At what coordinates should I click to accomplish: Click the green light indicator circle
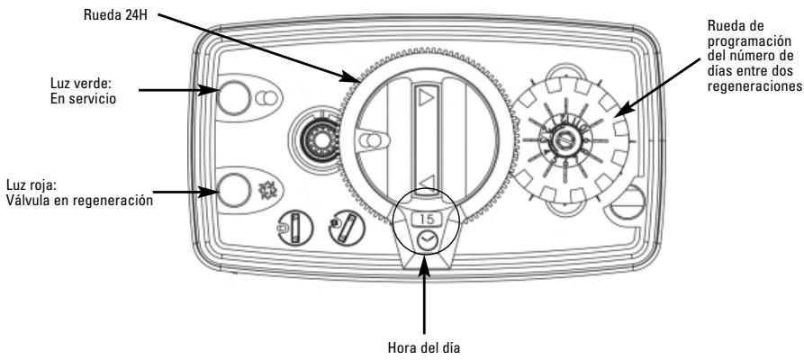coord(234,97)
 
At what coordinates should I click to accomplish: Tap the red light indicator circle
coord(234,190)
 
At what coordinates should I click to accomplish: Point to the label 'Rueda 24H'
coord(116,14)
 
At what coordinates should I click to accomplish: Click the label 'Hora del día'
coord(423,348)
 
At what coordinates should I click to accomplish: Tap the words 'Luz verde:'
coord(81,83)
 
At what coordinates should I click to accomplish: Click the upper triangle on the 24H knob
coord(426,97)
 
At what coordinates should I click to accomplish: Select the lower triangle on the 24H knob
coord(427,182)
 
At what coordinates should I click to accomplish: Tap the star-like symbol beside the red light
coord(266,190)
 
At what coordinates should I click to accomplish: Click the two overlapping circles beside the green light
coord(266,97)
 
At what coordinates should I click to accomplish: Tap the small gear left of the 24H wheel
coord(314,139)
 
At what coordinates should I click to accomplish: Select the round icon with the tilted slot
coord(347,226)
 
